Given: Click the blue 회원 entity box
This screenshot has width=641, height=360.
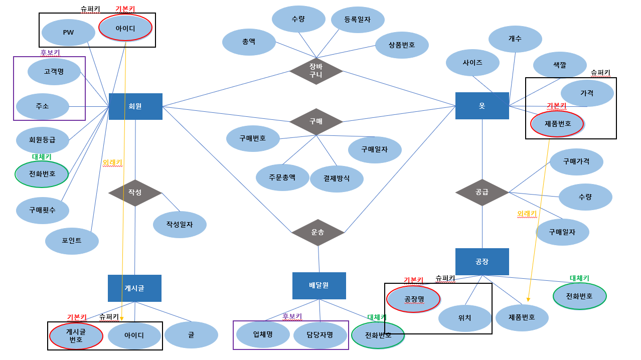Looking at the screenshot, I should coord(135,106).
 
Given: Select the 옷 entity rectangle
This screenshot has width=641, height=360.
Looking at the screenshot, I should coord(482,106).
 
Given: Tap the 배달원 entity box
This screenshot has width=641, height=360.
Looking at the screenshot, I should coord(319,285).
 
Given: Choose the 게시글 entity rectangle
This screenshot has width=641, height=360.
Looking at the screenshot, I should coord(134,288).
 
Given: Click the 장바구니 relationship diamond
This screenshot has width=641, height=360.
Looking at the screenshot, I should coord(316,71).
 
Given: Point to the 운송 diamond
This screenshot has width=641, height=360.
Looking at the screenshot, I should coord(318,232).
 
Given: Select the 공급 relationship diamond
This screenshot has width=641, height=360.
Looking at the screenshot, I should coord(482,192).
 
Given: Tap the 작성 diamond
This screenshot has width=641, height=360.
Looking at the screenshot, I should coord(135,193).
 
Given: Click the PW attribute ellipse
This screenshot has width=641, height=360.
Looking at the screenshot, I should coord(68,33).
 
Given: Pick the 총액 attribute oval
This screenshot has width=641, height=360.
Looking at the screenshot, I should coord(249,42).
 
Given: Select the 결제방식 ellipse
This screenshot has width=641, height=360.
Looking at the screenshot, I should coord(337,178).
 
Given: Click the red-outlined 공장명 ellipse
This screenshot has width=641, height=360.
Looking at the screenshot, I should coord(414,299).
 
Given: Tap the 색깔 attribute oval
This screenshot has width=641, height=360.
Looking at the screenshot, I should coord(560,65).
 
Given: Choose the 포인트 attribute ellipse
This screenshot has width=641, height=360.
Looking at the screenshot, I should coord(72,241).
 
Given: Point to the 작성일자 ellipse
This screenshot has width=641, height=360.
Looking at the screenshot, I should coord(180,225).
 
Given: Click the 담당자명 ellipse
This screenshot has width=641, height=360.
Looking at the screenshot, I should coord(319,335).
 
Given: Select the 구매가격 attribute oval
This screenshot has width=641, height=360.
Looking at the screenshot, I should coord(576,161).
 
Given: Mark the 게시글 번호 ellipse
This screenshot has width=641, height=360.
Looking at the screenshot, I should coord(76,335).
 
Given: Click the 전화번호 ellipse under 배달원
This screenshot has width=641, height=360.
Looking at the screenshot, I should coord(378,335).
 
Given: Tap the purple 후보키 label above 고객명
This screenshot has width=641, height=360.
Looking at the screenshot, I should coord(50,52).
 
